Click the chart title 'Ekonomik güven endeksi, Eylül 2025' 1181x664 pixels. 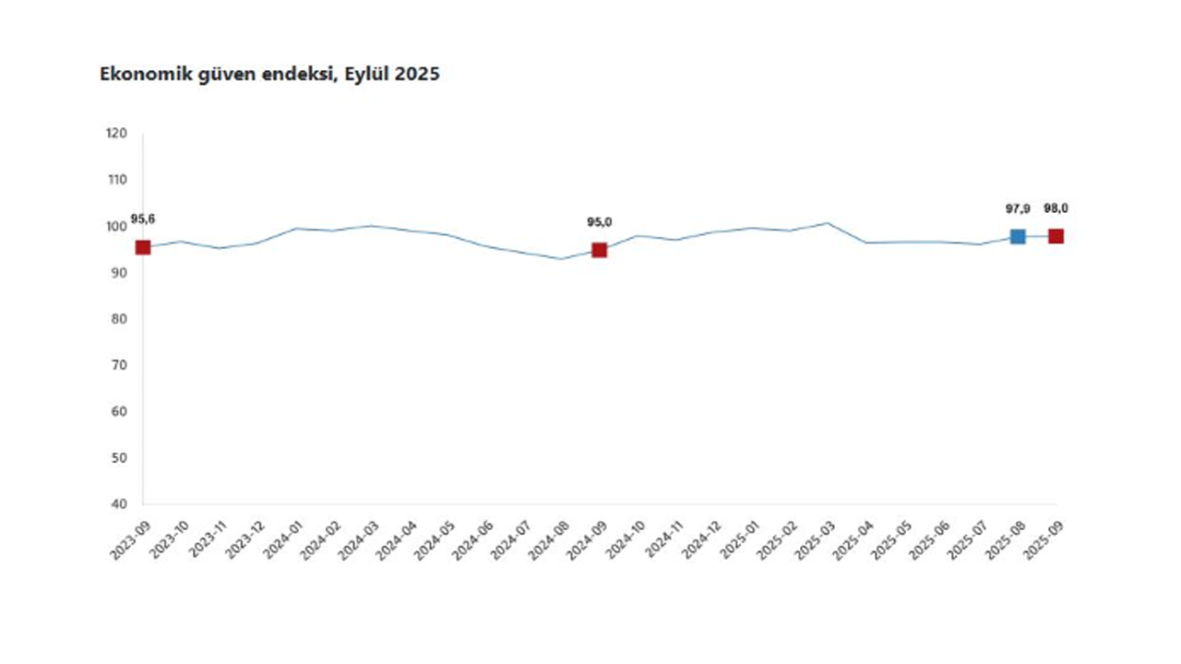coord(269,75)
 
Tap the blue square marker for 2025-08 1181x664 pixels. coord(1018,237)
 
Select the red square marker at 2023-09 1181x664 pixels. coord(143,247)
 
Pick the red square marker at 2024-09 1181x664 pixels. coord(600,250)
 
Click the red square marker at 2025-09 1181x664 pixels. coord(1056,236)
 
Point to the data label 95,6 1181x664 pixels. coord(142,219)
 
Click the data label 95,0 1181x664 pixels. coord(600,222)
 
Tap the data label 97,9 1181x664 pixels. coord(1018,209)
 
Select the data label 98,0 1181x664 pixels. coord(1056,208)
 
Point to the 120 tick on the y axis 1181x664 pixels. coord(116,134)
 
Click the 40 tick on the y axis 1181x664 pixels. coord(119,504)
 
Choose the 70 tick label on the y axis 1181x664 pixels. coord(119,365)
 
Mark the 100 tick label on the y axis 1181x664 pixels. coord(116,226)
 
